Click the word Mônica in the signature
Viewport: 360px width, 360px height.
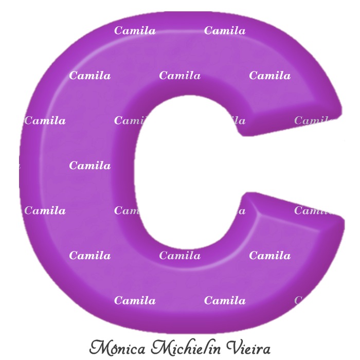pyautogui.click(x=117, y=348)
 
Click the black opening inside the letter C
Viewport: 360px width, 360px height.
pyautogui.click(x=180, y=170)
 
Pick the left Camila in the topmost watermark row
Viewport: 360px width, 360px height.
pyautogui.click(x=135, y=31)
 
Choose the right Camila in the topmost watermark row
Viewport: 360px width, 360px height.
pyautogui.click(x=225, y=31)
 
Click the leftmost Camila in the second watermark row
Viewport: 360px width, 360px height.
pyautogui.click(x=90, y=76)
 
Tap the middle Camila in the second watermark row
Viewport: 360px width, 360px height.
pyautogui.click(x=179, y=76)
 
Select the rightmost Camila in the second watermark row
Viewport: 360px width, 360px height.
pyautogui.click(x=269, y=76)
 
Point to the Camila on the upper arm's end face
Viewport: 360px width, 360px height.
pyautogui.click(x=314, y=121)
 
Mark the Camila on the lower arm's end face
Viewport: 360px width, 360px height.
pyautogui.click(x=314, y=210)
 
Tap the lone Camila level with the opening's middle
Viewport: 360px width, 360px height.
pyautogui.click(x=90, y=166)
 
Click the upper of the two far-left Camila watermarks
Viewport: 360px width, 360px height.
pyautogui.click(x=45, y=121)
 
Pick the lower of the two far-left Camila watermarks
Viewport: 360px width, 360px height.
pyautogui.click(x=45, y=210)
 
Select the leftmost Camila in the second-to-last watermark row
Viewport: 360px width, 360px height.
pyautogui.click(x=90, y=256)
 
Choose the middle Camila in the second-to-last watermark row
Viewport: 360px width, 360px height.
pyautogui.click(x=179, y=256)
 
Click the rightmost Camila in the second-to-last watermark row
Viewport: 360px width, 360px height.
pyautogui.click(x=269, y=256)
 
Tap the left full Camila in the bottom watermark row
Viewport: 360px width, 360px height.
pyautogui.click(x=135, y=300)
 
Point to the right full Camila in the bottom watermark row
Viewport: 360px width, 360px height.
pyautogui.click(x=225, y=300)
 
